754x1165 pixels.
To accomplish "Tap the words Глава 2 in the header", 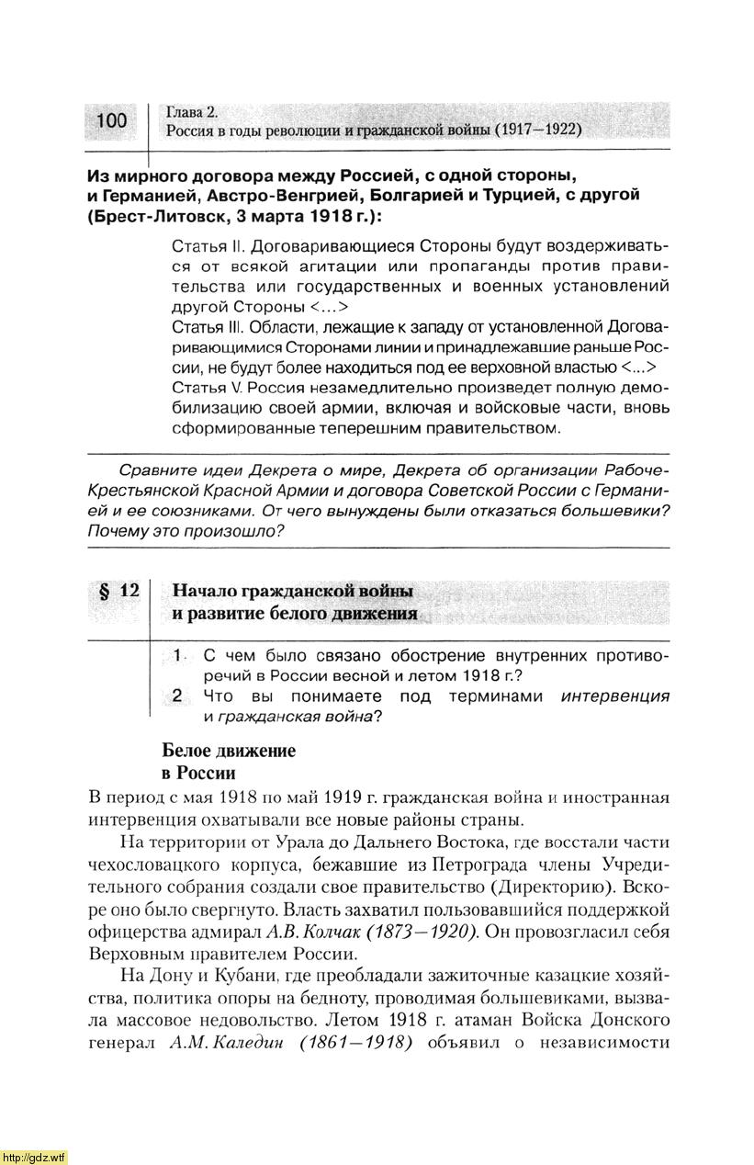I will coord(192,112).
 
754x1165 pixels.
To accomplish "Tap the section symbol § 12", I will coord(118,591).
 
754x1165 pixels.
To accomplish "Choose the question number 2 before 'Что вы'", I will coord(180,696).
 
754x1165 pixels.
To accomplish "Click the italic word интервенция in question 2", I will coord(614,696).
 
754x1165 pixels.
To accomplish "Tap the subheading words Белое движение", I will coord(229,751).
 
